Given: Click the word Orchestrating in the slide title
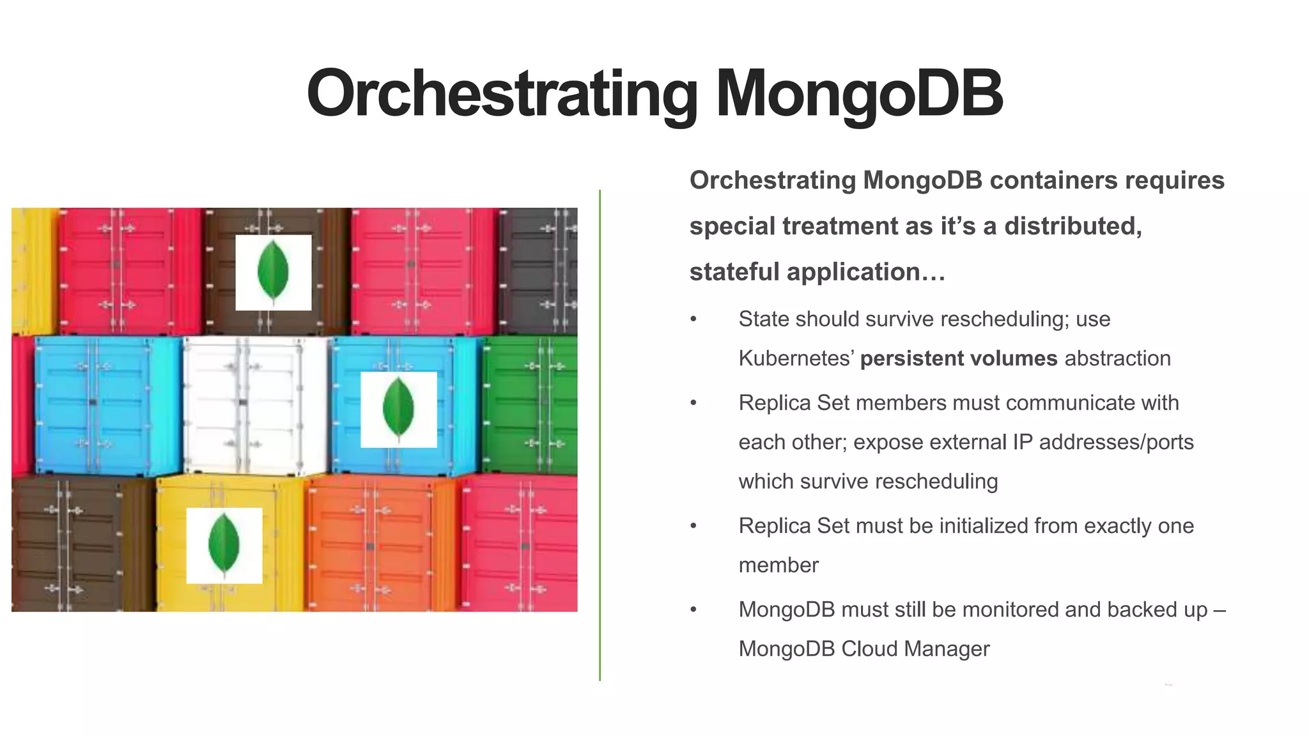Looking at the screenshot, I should click(x=502, y=94).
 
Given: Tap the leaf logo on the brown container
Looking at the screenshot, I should click(x=273, y=272).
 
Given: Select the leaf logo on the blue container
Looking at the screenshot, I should click(x=398, y=410).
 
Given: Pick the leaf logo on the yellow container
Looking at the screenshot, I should click(x=224, y=546).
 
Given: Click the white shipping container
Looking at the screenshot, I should click(x=254, y=405).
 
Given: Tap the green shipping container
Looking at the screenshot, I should click(x=531, y=405).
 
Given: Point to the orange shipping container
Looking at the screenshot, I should click(x=380, y=543).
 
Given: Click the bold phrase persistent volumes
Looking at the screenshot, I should click(x=958, y=358).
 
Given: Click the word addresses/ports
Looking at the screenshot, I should click(x=1116, y=442).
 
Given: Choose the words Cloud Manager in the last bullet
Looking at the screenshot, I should click(x=915, y=649).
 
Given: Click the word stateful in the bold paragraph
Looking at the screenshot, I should click(x=734, y=272).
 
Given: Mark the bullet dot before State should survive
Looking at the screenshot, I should click(x=693, y=319).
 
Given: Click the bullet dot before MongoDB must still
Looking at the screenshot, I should click(x=693, y=610).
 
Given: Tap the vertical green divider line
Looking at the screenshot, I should click(x=600, y=434).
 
